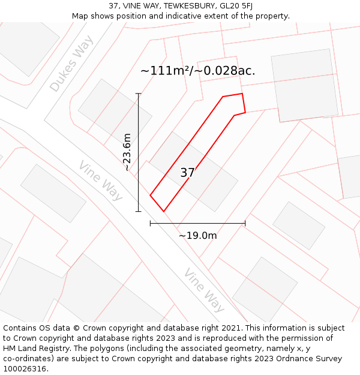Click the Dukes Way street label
72,64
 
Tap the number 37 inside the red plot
187,173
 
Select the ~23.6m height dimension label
127,152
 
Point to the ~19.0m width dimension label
197,236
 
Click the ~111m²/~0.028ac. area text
198,71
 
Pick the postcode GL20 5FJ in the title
232,5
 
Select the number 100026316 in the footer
24,369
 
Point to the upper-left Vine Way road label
101,180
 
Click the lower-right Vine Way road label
205,290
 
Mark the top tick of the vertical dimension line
139,94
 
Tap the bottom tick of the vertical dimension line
139,211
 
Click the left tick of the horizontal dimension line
150,223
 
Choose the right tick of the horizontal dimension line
245,223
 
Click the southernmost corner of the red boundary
164,211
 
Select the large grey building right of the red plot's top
305,85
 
